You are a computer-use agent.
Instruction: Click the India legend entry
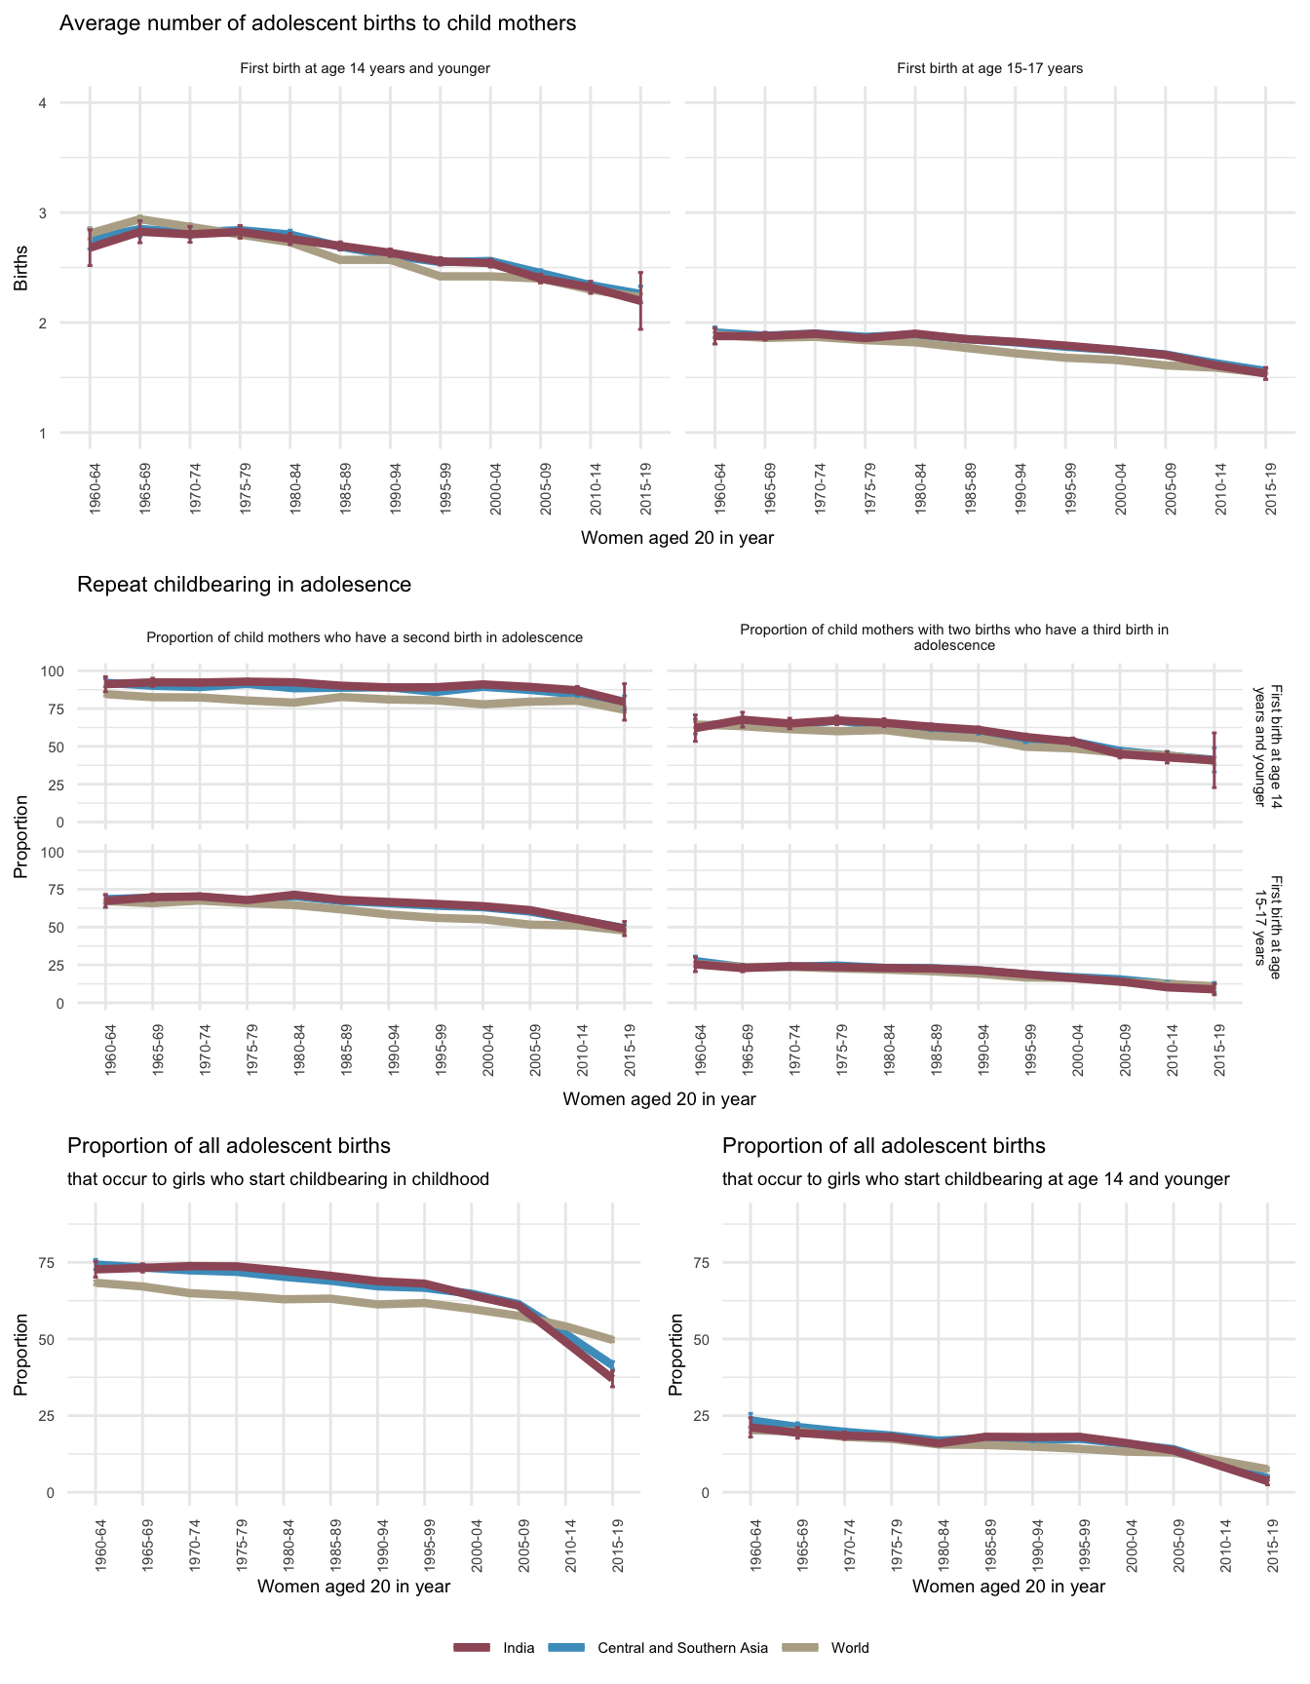click(519, 1647)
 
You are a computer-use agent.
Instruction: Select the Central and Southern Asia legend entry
click(682, 1647)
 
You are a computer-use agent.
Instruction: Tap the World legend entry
click(849, 1647)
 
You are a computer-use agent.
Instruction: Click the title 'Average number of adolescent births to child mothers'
click(318, 23)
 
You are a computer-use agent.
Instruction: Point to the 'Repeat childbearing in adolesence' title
click(244, 585)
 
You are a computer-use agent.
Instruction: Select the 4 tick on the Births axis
click(43, 103)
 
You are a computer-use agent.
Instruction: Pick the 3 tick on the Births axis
click(43, 213)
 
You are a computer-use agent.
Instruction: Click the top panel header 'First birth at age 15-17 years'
click(989, 68)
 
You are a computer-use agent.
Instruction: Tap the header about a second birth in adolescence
click(365, 637)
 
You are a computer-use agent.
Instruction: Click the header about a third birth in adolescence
click(954, 637)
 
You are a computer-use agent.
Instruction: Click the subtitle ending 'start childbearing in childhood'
click(278, 1179)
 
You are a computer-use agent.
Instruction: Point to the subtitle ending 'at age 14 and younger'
click(976, 1179)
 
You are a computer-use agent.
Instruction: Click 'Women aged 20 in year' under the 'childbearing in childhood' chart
click(354, 1587)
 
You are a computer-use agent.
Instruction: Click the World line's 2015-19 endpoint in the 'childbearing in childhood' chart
click(613, 1339)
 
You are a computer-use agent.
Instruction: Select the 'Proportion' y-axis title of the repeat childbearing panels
click(21, 836)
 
